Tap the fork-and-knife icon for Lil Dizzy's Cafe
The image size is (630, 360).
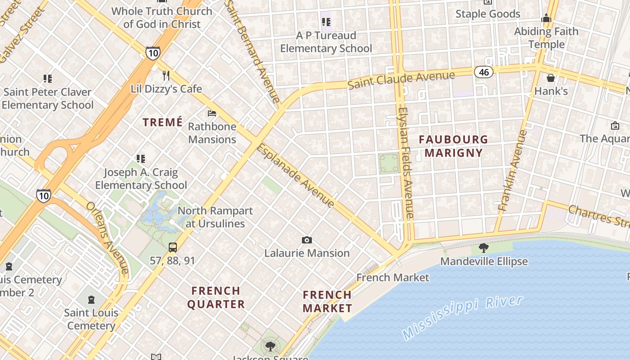coord(166,75)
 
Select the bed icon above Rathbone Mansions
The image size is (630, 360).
coord(212,113)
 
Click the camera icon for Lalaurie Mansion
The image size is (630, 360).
coord(307,240)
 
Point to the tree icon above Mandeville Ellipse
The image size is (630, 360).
coord(484,247)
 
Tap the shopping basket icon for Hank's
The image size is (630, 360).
coord(551,78)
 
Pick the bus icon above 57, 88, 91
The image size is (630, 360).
coord(173,247)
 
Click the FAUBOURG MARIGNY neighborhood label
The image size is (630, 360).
coord(454,146)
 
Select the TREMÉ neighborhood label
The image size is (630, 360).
coord(163,122)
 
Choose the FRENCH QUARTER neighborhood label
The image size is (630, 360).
coord(216,297)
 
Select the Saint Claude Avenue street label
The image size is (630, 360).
coord(401,80)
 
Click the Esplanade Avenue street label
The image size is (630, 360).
coord(296,175)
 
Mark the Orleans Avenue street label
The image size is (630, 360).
coord(108,237)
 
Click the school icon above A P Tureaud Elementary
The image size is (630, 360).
coord(326,22)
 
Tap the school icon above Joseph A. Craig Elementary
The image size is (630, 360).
coord(141,158)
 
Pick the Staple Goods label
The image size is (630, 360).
coord(488,14)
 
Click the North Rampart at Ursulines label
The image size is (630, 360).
coord(215,217)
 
